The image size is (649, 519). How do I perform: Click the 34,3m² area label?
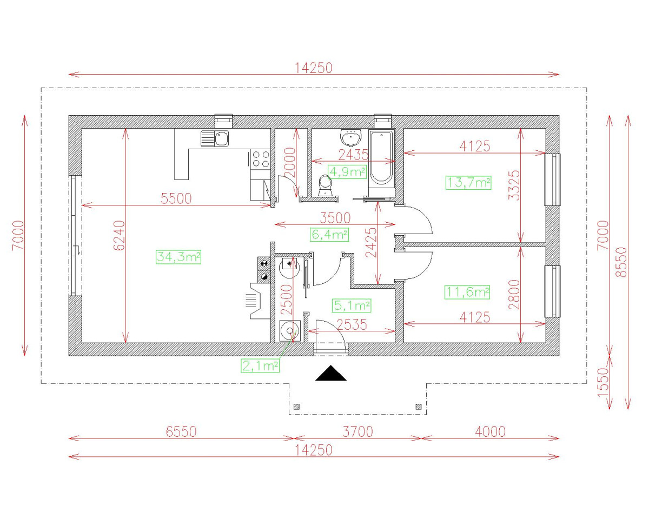[x=178, y=257]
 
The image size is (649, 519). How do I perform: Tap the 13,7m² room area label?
[x=468, y=183]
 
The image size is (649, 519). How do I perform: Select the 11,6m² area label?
[x=467, y=292]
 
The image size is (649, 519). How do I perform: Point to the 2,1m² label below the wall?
[x=260, y=366]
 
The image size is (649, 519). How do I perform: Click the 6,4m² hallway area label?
[x=329, y=235]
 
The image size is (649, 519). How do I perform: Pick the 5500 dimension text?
[x=176, y=198]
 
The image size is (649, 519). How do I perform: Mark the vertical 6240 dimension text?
[x=120, y=235]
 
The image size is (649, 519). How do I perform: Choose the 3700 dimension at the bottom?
[x=358, y=431]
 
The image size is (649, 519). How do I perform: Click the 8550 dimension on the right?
[x=621, y=262]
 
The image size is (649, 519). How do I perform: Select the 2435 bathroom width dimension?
[x=353, y=155]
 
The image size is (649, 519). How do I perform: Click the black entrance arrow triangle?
[x=331, y=374]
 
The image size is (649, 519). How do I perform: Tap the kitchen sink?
[x=215, y=139]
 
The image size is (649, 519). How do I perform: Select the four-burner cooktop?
[x=260, y=158]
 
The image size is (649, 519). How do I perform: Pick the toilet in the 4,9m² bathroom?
[x=326, y=185]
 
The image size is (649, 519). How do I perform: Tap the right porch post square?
[x=418, y=407]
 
